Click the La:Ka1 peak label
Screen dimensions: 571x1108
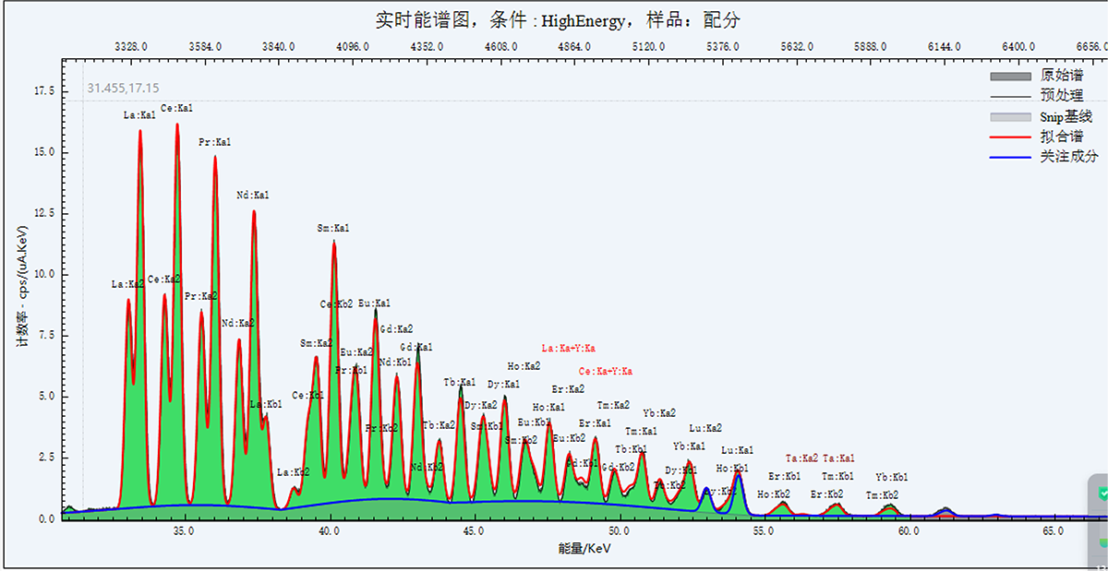click(139, 116)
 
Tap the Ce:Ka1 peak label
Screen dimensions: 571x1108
click(176, 109)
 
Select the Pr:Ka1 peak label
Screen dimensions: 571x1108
click(214, 143)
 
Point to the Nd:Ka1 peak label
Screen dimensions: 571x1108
click(252, 196)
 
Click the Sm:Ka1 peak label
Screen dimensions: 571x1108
click(333, 228)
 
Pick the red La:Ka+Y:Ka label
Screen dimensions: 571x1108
click(568, 349)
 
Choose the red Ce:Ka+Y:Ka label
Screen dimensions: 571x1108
click(606, 372)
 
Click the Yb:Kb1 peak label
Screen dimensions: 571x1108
click(892, 477)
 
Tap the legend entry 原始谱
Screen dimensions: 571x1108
click(1061, 75)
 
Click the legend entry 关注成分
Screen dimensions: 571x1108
click(1068, 157)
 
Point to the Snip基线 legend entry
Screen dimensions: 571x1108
click(1066, 116)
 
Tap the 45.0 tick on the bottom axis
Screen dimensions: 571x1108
click(474, 532)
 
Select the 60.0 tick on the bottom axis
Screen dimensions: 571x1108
click(908, 532)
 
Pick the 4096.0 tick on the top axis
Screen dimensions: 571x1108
click(353, 46)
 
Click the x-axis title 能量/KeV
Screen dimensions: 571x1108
click(584, 549)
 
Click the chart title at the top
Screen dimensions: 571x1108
click(558, 19)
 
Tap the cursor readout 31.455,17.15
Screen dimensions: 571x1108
click(123, 89)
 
